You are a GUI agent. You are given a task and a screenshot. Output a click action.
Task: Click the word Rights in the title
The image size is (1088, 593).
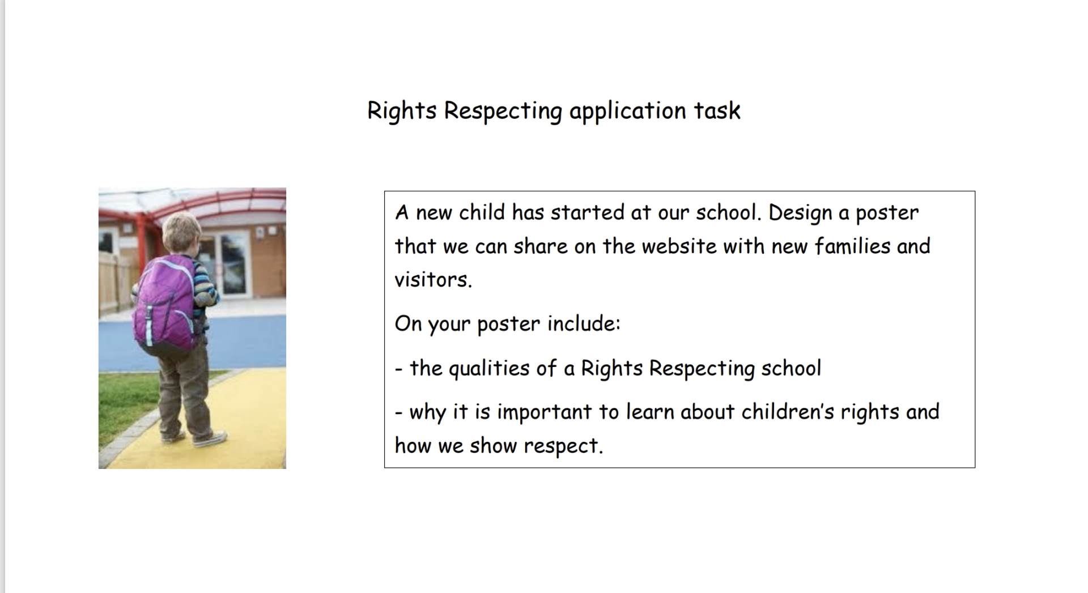point(402,111)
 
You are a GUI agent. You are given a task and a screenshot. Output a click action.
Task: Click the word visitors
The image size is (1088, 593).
point(433,279)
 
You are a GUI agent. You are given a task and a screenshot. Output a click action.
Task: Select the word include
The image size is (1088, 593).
point(584,323)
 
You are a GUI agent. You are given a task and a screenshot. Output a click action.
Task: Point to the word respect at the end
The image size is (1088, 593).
point(563,446)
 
